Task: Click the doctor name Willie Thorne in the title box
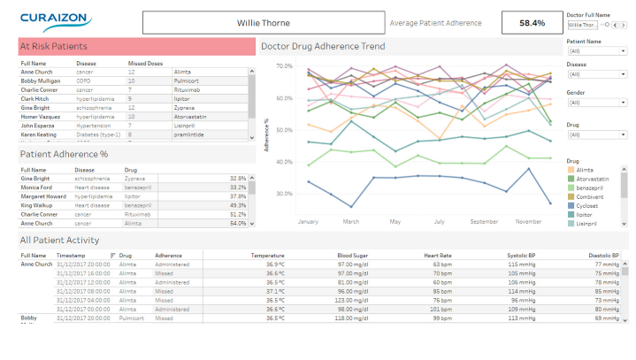[x=263, y=23]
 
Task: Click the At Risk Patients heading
[x=54, y=46]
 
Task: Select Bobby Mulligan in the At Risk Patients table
[x=42, y=80]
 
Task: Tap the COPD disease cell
[x=83, y=80]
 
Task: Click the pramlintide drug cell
[x=188, y=134]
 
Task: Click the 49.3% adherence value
[x=237, y=205]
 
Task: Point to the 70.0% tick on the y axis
[x=284, y=66]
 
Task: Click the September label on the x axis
[x=485, y=221]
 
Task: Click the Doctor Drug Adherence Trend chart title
[x=322, y=46]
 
